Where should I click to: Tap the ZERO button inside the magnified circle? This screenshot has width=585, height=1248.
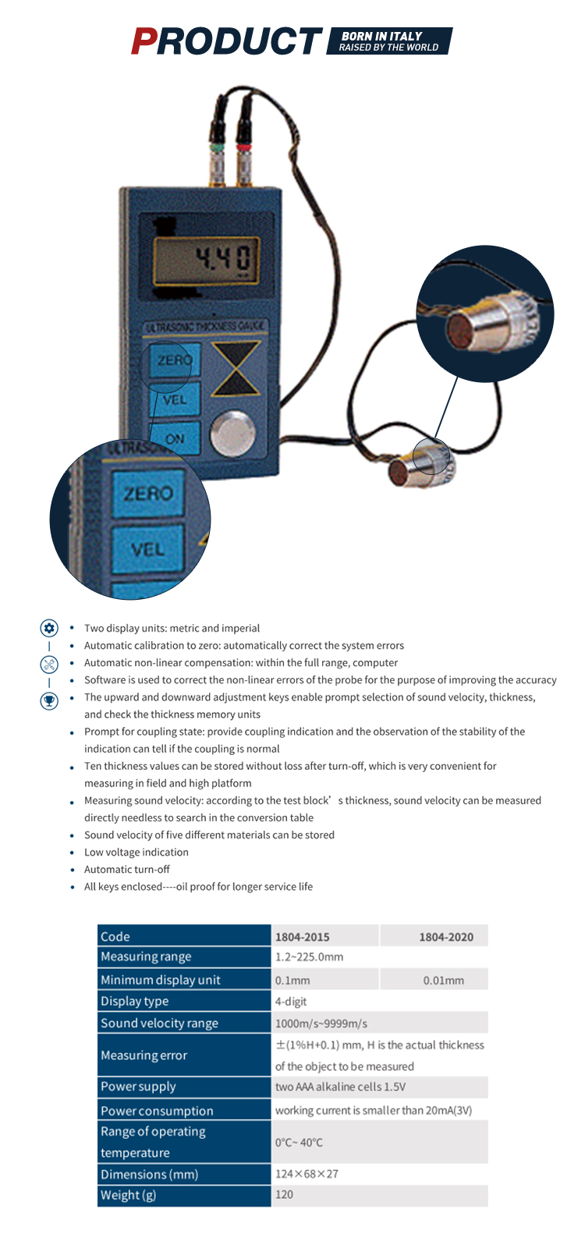[147, 493]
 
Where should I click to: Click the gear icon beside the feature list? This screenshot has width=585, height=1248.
[49, 628]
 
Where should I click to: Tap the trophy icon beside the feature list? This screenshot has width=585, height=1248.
[49, 700]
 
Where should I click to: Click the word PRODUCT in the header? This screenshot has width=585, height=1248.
[226, 41]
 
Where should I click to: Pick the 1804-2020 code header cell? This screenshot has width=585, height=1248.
[445, 937]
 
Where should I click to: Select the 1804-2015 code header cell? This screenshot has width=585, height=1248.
[302, 937]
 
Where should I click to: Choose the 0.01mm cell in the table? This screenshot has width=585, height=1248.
[443, 980]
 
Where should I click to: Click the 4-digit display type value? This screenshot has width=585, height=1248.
[291, 1002]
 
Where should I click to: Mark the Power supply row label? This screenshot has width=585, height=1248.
[138, 1087]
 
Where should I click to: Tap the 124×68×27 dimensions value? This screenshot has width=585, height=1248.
[307, 1174]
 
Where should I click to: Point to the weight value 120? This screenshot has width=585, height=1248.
[284, 1195]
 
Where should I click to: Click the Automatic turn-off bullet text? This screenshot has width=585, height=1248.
[127, 870]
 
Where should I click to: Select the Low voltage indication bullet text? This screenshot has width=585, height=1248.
[136, 853]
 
